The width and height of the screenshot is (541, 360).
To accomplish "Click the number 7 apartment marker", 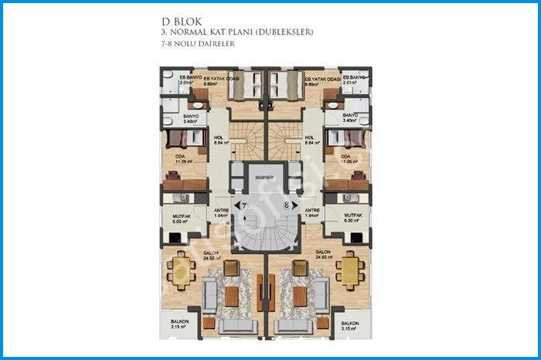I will pyautogui.click(x=244, y=206).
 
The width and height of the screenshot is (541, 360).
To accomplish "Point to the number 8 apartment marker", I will pyautogui.click(x=286, y=206).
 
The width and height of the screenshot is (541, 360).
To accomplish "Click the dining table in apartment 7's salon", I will pyautogui.click(x=181, y=270).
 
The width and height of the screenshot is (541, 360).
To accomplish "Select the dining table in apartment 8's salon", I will pyautogui.click(x=350, y=270).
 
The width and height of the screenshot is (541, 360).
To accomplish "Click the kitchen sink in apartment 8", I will pyautogui.click(x=338, y=198).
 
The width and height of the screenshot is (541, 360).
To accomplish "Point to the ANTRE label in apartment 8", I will pyautogui.click(x=312, y=212).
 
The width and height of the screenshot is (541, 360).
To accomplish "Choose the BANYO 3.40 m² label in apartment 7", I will pyautogui.click(x=192, y=119).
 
